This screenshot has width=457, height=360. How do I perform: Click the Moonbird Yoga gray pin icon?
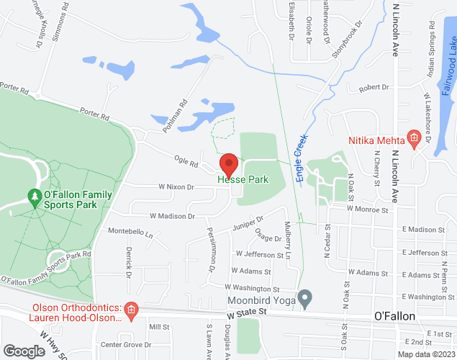305,297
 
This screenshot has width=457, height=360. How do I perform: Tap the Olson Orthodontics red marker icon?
131,312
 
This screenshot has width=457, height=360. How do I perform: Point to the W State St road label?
246,313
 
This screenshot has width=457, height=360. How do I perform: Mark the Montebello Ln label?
130,233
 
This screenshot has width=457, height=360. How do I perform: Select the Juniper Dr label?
248,223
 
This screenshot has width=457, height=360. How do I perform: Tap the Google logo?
23,351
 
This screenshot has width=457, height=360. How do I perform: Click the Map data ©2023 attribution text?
425,354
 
